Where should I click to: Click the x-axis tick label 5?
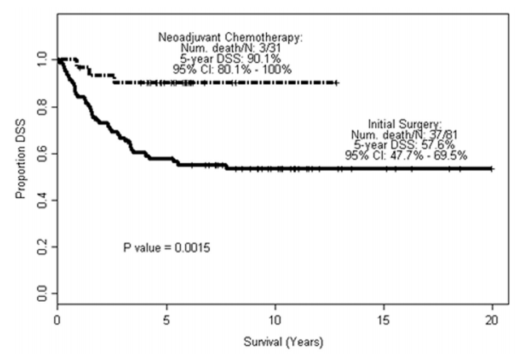166,320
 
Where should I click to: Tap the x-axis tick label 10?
275,320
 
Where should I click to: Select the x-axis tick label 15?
384,320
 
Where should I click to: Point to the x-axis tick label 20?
492,320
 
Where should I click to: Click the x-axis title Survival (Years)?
284,342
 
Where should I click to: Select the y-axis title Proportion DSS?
20,159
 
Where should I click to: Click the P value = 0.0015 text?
167,248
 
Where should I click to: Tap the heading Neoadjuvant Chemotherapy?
231,37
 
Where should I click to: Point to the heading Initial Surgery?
405,124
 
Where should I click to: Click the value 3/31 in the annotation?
270,48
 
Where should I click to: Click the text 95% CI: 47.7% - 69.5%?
406,155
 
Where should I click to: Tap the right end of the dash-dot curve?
337,83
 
